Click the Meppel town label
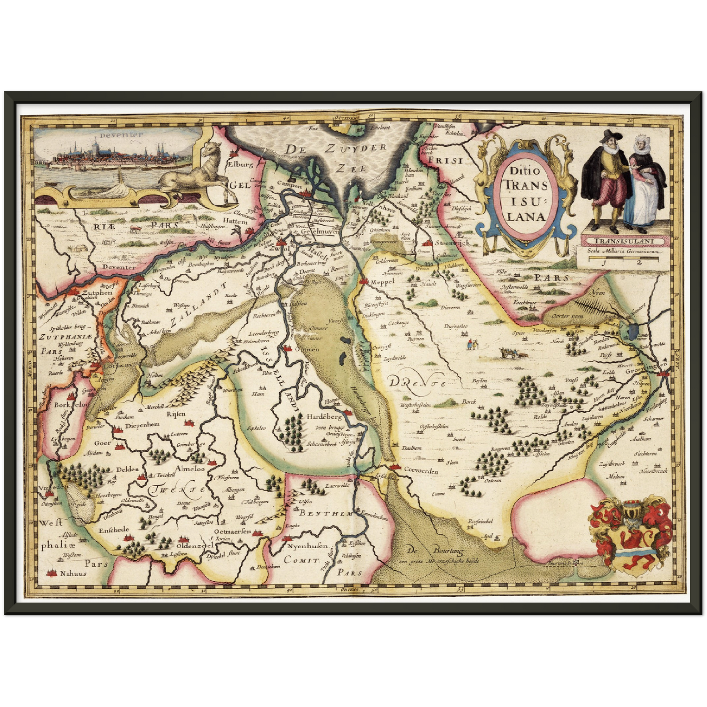[383, 282]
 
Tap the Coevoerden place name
[421, 471]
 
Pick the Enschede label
[114, 529]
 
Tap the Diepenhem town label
[142, 425]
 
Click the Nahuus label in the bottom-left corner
[72, 573]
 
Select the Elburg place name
[241, 164]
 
